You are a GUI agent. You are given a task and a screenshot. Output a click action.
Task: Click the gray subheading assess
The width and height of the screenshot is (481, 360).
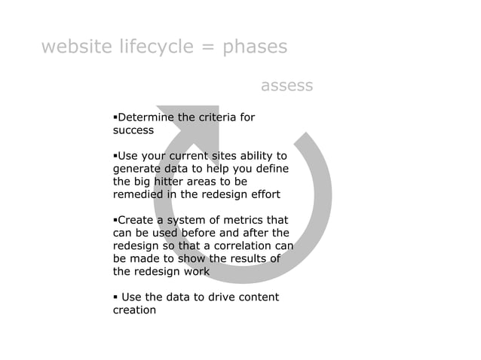pyautogui.click(x=286, y=86)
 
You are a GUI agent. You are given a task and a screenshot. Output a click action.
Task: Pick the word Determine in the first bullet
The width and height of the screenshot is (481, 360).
pyautogui.click(x=142, y=117)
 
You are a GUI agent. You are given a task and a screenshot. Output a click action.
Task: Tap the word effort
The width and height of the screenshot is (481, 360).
pyautogui.click(x=264, y=194)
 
